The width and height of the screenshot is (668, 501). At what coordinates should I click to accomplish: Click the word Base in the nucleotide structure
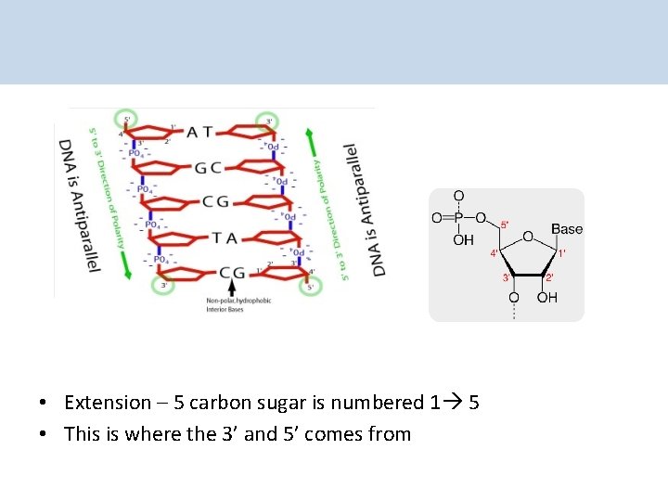[567, 229]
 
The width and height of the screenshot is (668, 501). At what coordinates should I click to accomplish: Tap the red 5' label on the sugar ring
[505, 225]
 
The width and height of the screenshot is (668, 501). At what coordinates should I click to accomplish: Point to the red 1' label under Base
[561, 252]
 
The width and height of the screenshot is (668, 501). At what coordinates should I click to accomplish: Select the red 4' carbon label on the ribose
[495, 251]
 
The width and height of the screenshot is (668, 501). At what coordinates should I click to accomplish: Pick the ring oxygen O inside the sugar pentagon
[527, 238]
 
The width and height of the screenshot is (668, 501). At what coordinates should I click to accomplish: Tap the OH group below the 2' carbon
[548, 298]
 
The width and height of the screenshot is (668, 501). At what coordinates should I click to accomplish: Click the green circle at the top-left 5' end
[125, 119]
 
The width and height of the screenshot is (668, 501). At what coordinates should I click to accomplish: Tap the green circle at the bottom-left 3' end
[163, 285]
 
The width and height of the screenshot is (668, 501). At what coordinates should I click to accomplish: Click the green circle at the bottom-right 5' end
[310, 286]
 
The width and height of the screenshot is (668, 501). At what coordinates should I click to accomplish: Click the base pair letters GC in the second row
[208, 168]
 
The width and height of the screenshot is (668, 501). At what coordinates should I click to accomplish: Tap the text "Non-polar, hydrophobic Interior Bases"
[238, 304]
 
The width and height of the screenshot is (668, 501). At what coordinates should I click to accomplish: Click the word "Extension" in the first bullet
[108, 403]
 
